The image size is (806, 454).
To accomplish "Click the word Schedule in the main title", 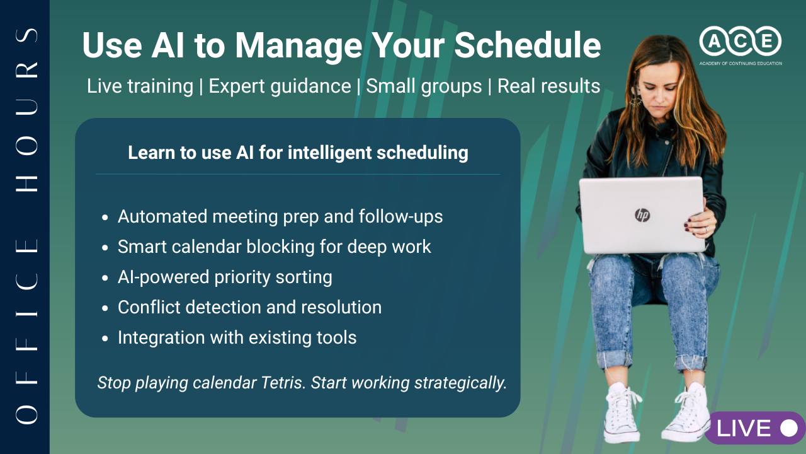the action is pos(528,45).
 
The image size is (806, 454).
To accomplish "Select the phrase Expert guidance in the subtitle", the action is pos(280,86).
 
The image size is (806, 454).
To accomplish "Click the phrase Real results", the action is pos(548,86).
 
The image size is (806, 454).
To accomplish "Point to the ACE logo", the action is pos(740,41).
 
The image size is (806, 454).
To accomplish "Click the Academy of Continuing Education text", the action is pos(741,64).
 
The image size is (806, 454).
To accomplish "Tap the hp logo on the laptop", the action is pos(642,215).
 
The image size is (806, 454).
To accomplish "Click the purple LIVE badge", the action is pos(754,428).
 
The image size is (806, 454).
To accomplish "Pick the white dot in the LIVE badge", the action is pos(789,428).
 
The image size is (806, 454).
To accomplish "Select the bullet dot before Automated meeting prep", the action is pos(105,218).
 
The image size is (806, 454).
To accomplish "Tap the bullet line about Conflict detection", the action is pos(249,308).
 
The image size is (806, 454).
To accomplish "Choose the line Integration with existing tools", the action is pos(237,338).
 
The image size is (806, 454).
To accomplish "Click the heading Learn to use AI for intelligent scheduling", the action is pos(298,153).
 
